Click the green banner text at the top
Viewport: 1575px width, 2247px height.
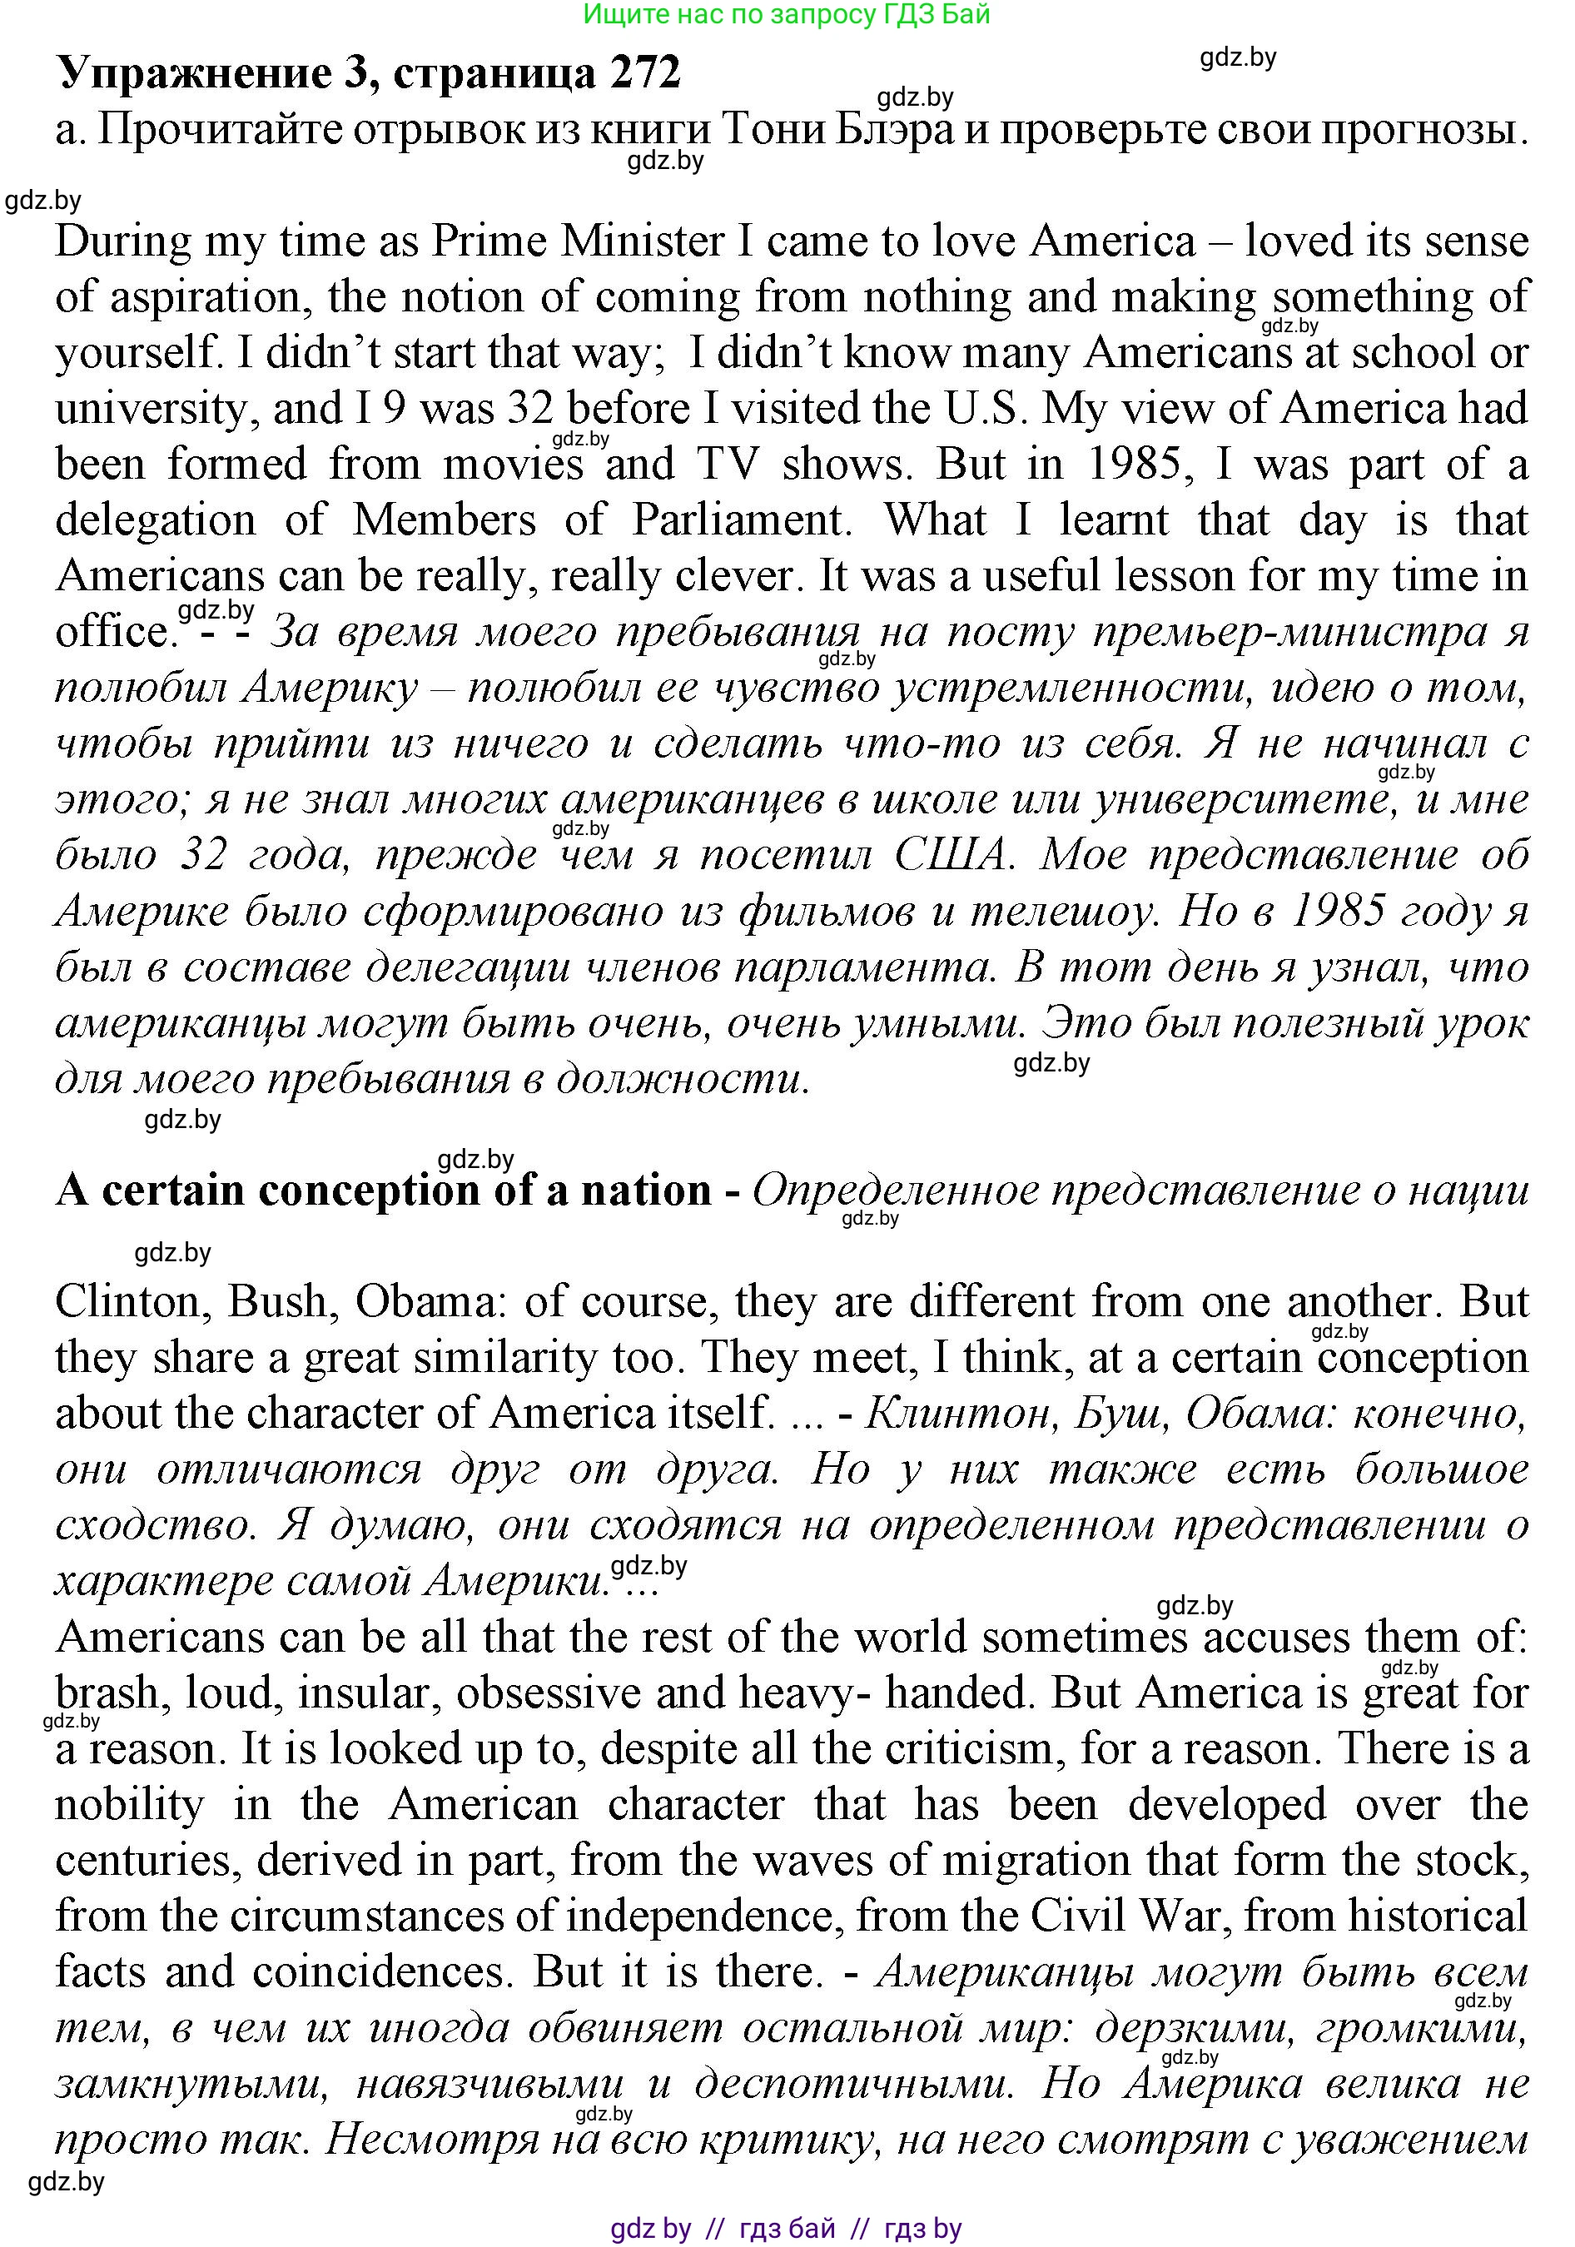(x=786, y=15)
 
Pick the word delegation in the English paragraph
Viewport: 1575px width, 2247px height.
(x=156, y=520)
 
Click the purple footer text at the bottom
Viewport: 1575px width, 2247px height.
(x=786, y=2229)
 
